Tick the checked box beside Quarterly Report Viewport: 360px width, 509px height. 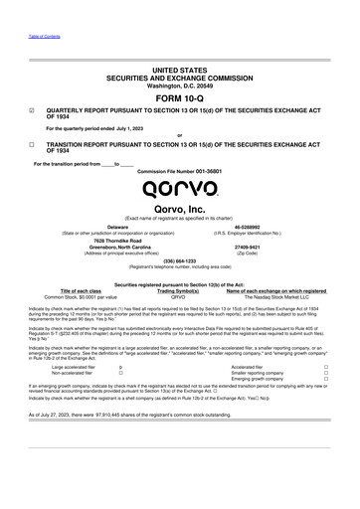click(x=20, y=112)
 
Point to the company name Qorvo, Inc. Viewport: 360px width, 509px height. click(x=180, y=211)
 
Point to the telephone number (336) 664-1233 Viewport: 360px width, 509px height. click(x=180, y=261)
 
